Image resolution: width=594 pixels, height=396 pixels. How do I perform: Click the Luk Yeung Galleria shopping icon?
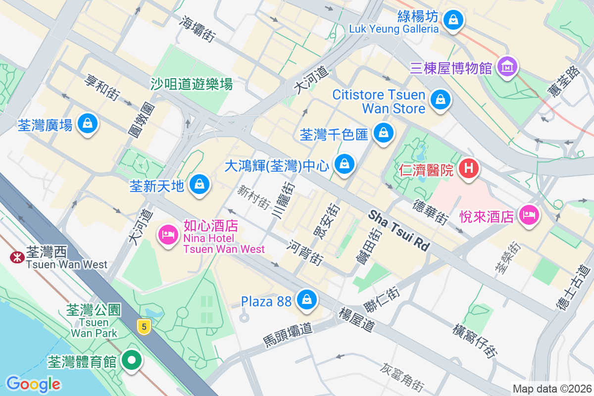coord(452,20)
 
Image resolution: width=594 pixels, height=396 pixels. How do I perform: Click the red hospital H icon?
coord(468,169)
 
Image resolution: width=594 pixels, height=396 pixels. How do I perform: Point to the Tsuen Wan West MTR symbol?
coord(17,257)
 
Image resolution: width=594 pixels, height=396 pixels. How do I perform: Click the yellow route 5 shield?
coord(144,326)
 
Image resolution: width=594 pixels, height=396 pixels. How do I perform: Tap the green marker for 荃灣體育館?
coord(132,360)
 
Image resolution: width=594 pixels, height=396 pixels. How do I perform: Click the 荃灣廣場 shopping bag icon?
coord(88,123)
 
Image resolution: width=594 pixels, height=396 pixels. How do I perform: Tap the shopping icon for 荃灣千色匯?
coord(383,133)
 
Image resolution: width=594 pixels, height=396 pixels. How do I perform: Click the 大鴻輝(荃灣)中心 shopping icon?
coord(345,164)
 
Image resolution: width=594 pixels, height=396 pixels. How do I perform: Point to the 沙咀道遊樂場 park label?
coord(192,84)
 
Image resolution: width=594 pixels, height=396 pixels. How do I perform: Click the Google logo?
coord(33,384)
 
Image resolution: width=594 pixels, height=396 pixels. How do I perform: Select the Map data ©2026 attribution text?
coord(552,389)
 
